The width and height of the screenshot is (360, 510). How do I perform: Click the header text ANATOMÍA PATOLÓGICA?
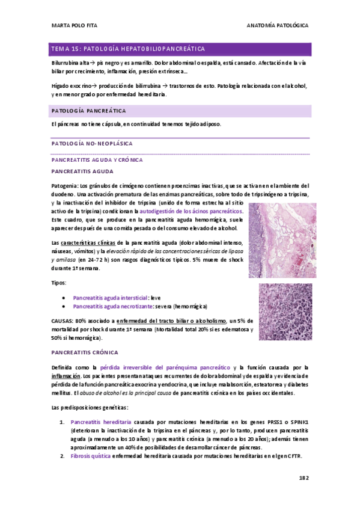click(278, 26)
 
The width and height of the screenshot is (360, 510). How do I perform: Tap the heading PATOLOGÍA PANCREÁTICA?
click(89, 111)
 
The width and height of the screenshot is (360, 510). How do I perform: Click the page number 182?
click(303, 478)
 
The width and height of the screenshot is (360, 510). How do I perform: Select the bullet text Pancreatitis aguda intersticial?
click(110, 298)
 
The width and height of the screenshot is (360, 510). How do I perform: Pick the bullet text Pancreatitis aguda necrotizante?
click(112, 306)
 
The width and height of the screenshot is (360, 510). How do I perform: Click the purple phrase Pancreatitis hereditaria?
click(99, 422)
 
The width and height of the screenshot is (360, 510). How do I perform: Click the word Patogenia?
click(64, 185)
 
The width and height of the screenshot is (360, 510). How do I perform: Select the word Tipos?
click(59, 282)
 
